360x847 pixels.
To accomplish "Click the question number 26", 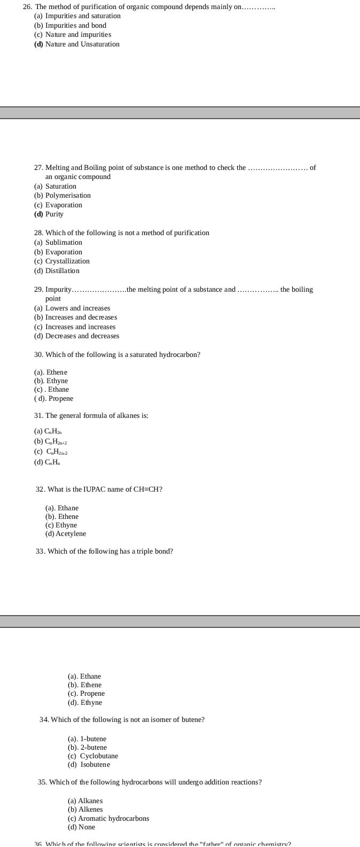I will pyautogui.click(x=27, y=7).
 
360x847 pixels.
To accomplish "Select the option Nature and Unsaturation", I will pyautogui.click(x=82, y=44).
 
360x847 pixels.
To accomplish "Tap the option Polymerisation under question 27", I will pyautogui.click(x=68, y=196).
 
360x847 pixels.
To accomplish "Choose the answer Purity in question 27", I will pyautogui.click(x=54, y=214).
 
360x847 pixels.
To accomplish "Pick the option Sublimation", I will pyautogui.click(x=64, y=243).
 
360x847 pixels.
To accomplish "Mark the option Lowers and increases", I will pyautogui.click(x=77, y=308).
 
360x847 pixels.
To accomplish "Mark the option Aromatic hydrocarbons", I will pyautogui.click(x=113, y=819).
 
